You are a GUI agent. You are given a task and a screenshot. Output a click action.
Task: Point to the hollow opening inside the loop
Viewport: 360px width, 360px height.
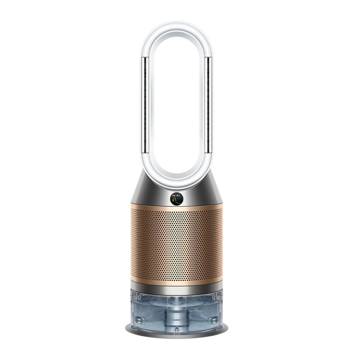(177, 104)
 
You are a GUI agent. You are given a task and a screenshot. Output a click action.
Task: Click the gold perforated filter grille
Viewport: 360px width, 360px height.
(177, 245)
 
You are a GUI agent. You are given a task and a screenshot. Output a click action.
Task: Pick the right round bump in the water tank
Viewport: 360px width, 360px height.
(213, 319)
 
